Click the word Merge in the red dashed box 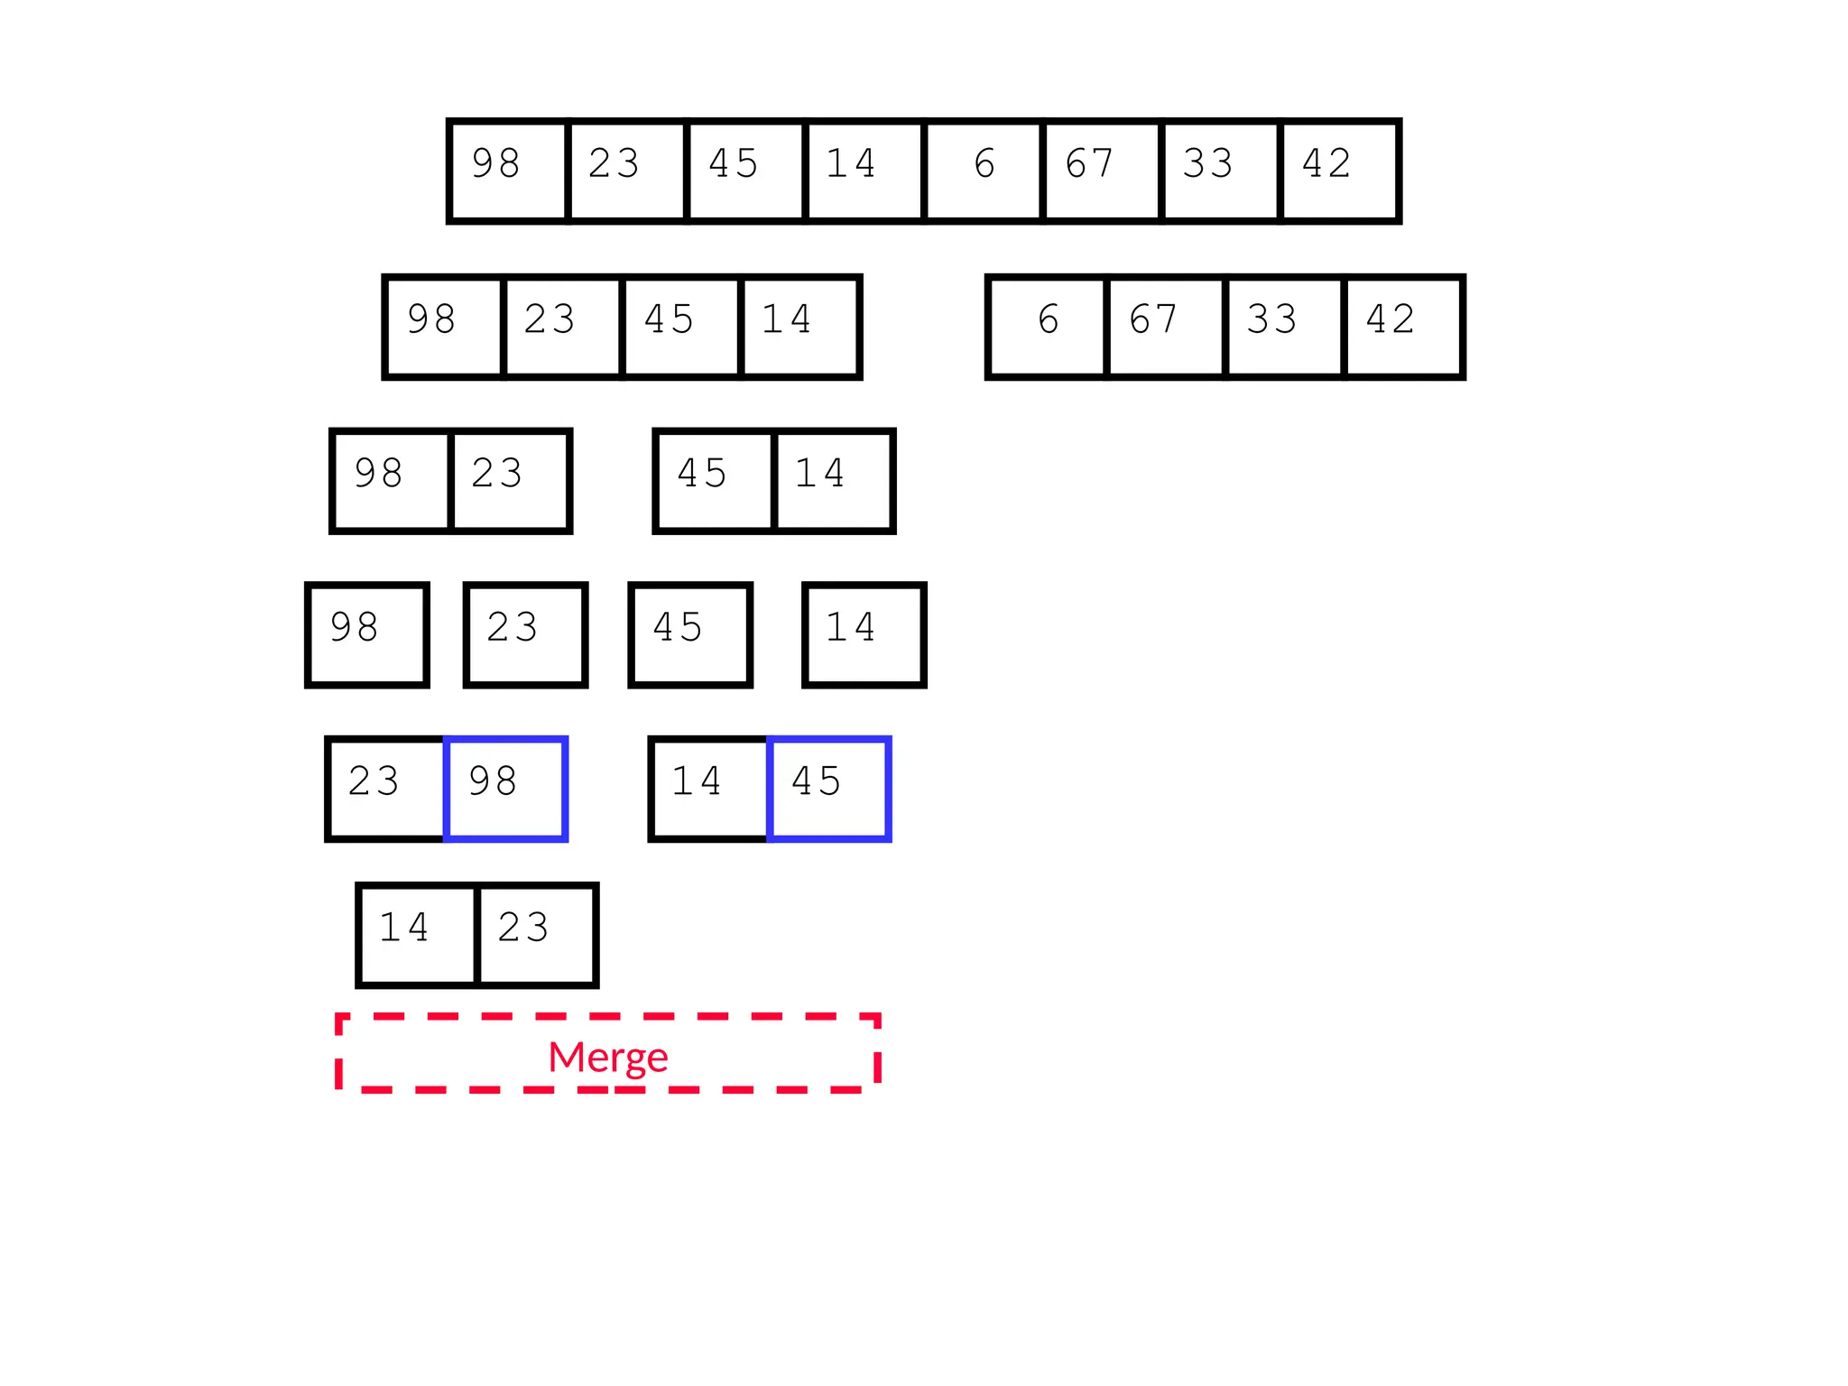pos(607,1056)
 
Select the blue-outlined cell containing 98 pos(505,788)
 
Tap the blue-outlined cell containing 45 pos(828,788)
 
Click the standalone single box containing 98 pos(366,634)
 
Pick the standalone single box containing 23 pos(525,634)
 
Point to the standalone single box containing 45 pos(690,634)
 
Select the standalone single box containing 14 pos(864,634)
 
